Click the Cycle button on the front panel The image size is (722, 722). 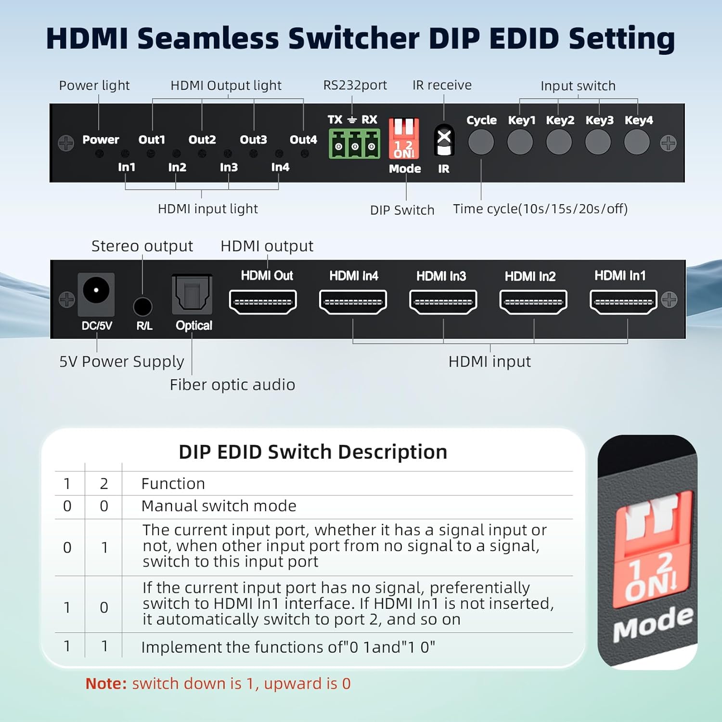point(481,142)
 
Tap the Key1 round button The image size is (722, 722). point(520,142)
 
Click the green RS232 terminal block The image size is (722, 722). point(355,144)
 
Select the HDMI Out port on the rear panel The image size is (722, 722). point(263,302)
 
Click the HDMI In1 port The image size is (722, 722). point(623,302)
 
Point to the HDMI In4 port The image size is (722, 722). point(353,302)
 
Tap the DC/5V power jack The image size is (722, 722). point(96,291)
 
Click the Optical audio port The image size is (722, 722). point(192,294)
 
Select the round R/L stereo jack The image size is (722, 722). point(142,306)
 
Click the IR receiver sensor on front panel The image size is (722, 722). point(444,140)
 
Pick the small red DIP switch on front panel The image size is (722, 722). point(404,139)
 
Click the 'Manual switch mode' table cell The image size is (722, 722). point(219,506)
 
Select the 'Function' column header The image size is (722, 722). point(173,483)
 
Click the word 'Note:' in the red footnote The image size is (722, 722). point(106,683)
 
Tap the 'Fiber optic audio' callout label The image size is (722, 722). point(232,385)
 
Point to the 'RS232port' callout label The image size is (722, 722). point(355,85)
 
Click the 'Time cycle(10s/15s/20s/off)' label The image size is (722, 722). point(540,209)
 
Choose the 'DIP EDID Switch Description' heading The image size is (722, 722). point(313,452)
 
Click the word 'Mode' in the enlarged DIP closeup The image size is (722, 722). point(652,624)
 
